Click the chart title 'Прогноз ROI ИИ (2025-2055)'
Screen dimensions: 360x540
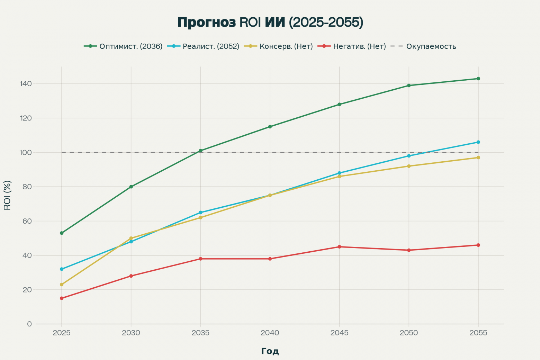tap(270, 22)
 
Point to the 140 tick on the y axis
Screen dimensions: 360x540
tap(26, 84)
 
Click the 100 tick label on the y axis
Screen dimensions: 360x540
tap(26, 152)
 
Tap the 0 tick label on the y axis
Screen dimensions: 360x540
tap(29, 324)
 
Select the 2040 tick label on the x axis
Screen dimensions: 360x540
tap(270, 333)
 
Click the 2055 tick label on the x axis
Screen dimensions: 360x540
tap(478, 333)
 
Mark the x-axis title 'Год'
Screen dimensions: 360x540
tap(270, 351)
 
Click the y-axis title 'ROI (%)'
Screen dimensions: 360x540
tap(7, 195)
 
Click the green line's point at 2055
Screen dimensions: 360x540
tap(478, 79)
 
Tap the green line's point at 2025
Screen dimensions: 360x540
tap(62, 233)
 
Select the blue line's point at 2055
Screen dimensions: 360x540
tap(478, 142)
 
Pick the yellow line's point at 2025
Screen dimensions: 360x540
tap(62, 285)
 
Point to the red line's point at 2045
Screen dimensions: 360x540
tap(339, 247)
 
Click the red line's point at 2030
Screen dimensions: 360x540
tap(131, 276)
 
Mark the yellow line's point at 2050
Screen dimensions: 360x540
tap(409, 166)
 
